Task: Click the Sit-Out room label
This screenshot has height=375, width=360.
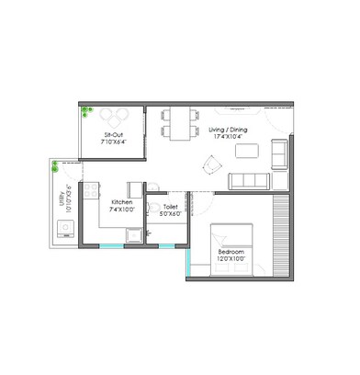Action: tap(114, 134)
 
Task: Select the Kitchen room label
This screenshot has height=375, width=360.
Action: tap(122, 201)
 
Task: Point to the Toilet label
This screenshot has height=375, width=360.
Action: tap(170, 207)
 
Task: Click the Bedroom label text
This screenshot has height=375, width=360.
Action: tap(231, 251)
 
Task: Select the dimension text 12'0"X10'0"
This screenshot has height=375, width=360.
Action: tap(231, 260)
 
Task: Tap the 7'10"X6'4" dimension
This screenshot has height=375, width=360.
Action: tap(114, 143)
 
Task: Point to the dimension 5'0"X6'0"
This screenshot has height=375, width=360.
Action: tap(170, 215)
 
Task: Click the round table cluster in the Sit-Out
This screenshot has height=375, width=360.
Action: tap(115, 117)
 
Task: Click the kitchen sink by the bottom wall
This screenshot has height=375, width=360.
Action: tap(134, 235)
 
